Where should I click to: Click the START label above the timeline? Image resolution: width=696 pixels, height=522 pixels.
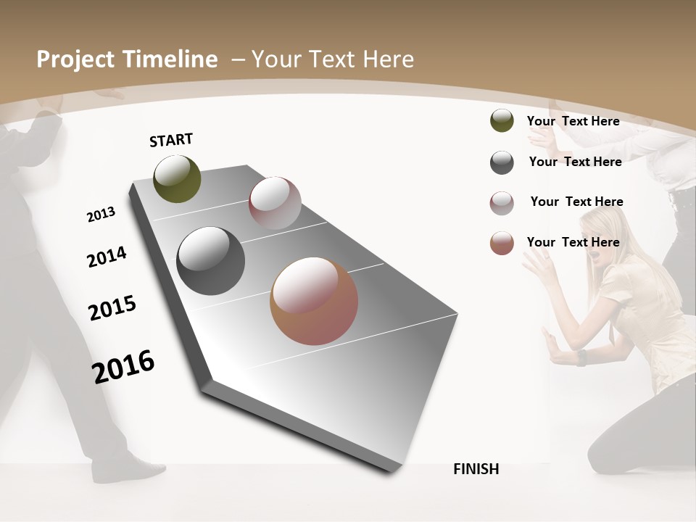coord(171,140)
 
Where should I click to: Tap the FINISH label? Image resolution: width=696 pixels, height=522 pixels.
coord(476,469)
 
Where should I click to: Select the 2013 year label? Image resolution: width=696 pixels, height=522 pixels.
coord(101,215)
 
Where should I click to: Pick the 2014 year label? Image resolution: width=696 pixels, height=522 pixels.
coord(107,257)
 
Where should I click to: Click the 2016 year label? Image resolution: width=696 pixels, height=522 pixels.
coord(123,366)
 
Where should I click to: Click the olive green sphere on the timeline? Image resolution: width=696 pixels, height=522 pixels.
coord(177,178)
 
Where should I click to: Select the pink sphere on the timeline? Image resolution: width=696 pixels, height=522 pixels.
coord(275,202)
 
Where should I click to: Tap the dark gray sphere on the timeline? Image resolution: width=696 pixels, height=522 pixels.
coord(210,261)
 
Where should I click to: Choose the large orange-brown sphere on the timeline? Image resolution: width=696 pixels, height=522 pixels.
coord(314,301)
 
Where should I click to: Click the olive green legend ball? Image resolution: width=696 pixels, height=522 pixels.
coord(502,121)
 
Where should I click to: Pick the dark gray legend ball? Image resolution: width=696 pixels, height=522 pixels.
coord(502,162)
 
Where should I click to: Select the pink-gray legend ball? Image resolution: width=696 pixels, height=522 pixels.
coord(502,203)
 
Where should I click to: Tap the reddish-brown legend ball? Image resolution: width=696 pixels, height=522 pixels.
coord(502,243)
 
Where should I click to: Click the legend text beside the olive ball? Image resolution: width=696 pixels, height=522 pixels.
coord(573,121)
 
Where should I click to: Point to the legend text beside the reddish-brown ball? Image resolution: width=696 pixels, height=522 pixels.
coord(573,242)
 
